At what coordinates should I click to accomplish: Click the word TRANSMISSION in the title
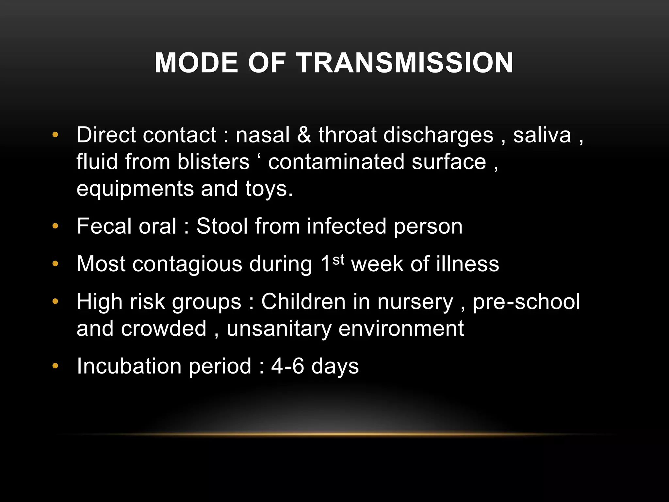click(x=405, y=63)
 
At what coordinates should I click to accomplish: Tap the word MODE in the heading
click(x=196, y=63)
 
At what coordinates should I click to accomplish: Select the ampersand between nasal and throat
click(x=304, y=135)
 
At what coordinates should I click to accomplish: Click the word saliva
click(x=542, y=135)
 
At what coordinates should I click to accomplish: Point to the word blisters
click(x=213, y=162)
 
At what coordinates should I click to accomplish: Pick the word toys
click(x=269, y=189)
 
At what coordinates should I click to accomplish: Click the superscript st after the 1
click(x=338, y=260)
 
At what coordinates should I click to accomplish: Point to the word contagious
click(x=187, y=264)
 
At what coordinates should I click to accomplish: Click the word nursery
click(x=415, y=302)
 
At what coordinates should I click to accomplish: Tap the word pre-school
click(x=526, y=302)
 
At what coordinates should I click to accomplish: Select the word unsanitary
click(x=279, y=328)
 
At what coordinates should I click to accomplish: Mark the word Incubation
click(x=129, y=366)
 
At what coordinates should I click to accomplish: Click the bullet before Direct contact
click(x=55, y=135)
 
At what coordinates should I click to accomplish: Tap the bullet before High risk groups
click(x=55, y=302)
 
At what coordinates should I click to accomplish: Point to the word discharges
click(x=438, y=135)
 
